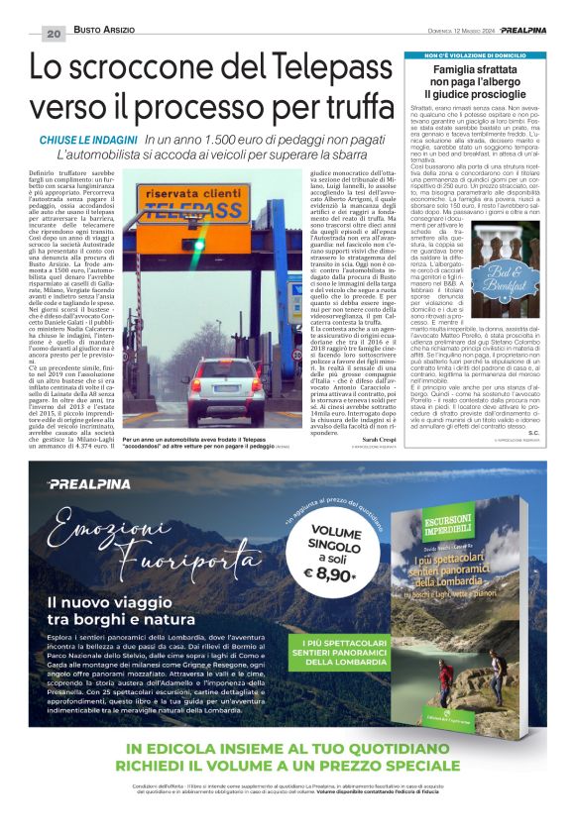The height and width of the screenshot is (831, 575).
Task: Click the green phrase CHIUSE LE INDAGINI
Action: click(x=88, y=141)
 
